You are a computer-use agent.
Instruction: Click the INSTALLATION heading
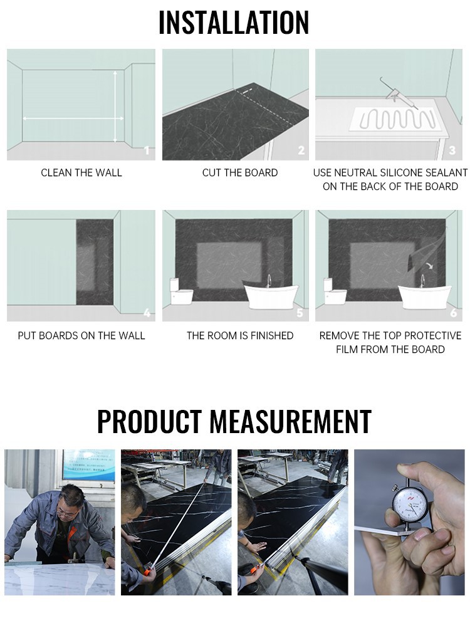234,23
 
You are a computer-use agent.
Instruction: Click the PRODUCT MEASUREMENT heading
234,421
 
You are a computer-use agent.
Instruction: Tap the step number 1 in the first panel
147,150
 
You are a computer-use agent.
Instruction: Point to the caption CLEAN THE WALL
81,173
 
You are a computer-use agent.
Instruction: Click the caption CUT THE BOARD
240,173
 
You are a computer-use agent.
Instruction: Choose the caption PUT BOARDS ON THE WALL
81,336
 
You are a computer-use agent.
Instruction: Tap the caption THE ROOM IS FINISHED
240,336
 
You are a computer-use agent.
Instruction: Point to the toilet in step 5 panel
181,291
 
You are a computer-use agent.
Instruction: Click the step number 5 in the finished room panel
300,312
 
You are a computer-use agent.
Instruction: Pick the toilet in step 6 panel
335,291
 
